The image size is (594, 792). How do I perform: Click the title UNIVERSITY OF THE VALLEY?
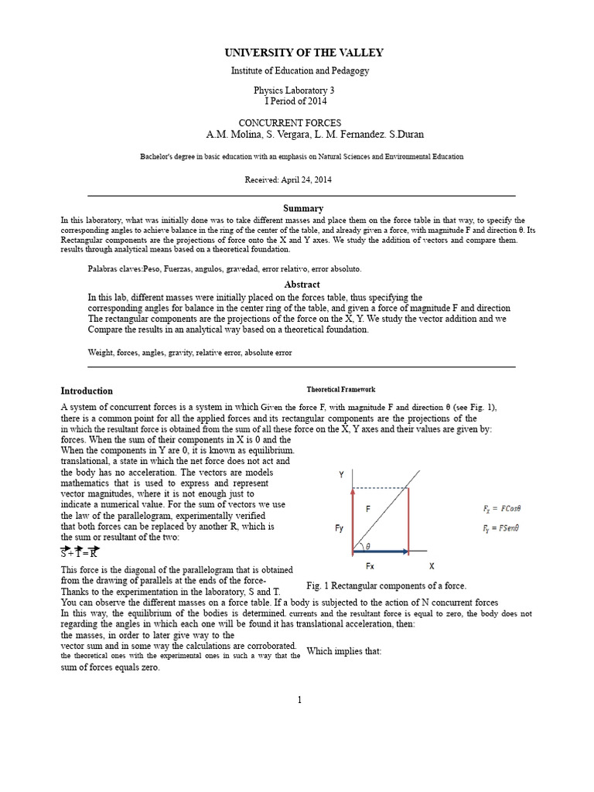pyautogui.click(x=303, y=53)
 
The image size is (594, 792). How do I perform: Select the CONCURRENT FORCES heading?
pyautogui.click(x=289, y=123)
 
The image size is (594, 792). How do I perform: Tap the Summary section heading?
pyautogui.click(x=303, y=208)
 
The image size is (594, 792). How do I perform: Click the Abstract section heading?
pyautogui.click(x=302, y=285)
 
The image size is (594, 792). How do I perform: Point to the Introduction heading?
pyautogui.click(x=87, y=391)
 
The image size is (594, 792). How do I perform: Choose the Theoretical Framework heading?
pyautogui.click(x=341, y=390)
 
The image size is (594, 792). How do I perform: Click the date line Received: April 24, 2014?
pyautogui.click(x=289, y=179)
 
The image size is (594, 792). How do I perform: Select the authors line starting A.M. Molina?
pyautogui.click(x=315, y=135)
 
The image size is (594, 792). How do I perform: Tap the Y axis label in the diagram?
pyautogui.click(x=341, y=475)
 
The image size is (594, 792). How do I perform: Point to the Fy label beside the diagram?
pyautogui.click(x=340, y=528)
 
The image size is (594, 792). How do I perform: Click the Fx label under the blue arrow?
pyautogui.click(x=370, y=565)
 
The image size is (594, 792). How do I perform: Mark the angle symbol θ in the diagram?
pyautogui.click(x=367, y=544)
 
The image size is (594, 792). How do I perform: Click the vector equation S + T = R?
pyautogui.click(x=80, y=552)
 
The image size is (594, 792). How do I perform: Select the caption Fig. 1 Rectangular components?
pyautogui.click(x=386, y=586)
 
